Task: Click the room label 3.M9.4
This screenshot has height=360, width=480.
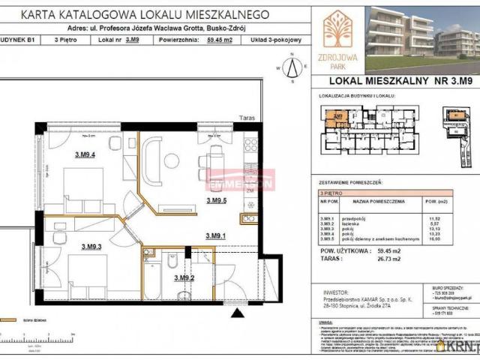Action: pos(83,155)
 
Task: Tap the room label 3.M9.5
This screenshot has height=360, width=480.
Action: pos(217,200)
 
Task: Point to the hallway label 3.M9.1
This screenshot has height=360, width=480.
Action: pos(217,236)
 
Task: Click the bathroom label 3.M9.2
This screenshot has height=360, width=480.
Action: pos(184,278)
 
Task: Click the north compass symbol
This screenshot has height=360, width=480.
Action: pos(295,66)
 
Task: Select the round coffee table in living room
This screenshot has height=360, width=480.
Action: pos(171,159)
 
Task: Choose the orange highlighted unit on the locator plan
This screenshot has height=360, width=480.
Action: pos(338,117)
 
